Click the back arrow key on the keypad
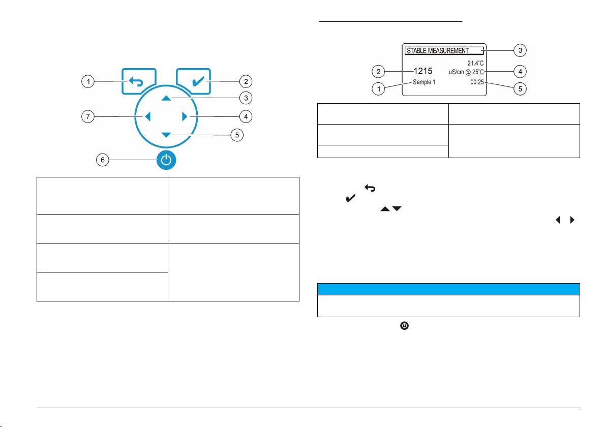(x=138, y=81)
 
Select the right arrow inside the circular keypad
(x=185, y=117)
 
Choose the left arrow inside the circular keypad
(x=148, y=117)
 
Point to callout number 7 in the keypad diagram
(x=88, y=117)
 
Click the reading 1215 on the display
(x=423, y=71)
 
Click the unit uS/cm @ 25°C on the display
(x=462, y=72)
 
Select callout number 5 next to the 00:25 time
(x=520, y=88)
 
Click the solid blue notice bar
(x=448, y=289)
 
